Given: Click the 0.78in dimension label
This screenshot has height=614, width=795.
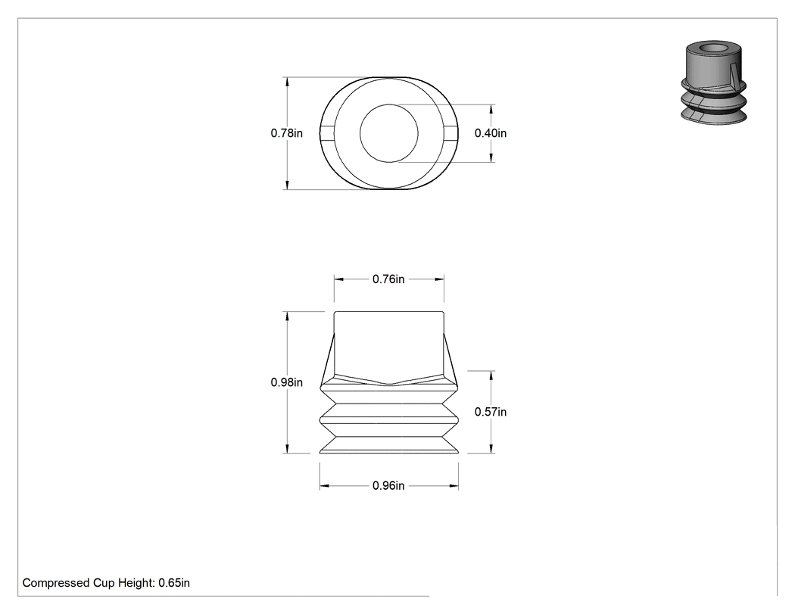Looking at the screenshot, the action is (x=286, y=133).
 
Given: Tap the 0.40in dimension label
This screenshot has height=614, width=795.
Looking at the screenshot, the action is (x=491, y=133).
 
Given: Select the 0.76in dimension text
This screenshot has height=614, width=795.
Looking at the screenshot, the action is (x=388, y=279).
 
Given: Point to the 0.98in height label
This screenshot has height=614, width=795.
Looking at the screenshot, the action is (x=286, y=382).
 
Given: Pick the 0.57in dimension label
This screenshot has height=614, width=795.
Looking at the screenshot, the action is (x=491, y=412).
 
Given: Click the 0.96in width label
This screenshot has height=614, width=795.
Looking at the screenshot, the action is (x=388, y=486).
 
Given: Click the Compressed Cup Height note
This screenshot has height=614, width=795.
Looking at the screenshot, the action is (x=106, y=583).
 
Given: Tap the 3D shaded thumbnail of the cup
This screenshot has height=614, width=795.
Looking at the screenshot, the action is (x=713, y=83).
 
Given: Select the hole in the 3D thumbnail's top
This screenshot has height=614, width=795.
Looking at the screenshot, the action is (x=714, y=48).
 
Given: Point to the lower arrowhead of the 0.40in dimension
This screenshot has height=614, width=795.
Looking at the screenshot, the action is (x=491, y=157).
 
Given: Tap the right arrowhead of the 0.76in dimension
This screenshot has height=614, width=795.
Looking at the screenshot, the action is (x=439, y=279).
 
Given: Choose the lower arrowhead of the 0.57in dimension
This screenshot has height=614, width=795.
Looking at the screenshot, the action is (x=491, y=448).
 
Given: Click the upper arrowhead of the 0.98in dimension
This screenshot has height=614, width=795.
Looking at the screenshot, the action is (x=288, y=316).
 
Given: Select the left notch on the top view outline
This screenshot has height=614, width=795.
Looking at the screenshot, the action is (x=327, y=133).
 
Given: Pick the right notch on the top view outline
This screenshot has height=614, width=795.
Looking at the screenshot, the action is (x=450, y=133).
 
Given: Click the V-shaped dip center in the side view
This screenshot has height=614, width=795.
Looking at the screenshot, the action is (x=389, y=383).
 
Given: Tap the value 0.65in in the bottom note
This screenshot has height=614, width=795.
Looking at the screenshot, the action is (x=174, y=583).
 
